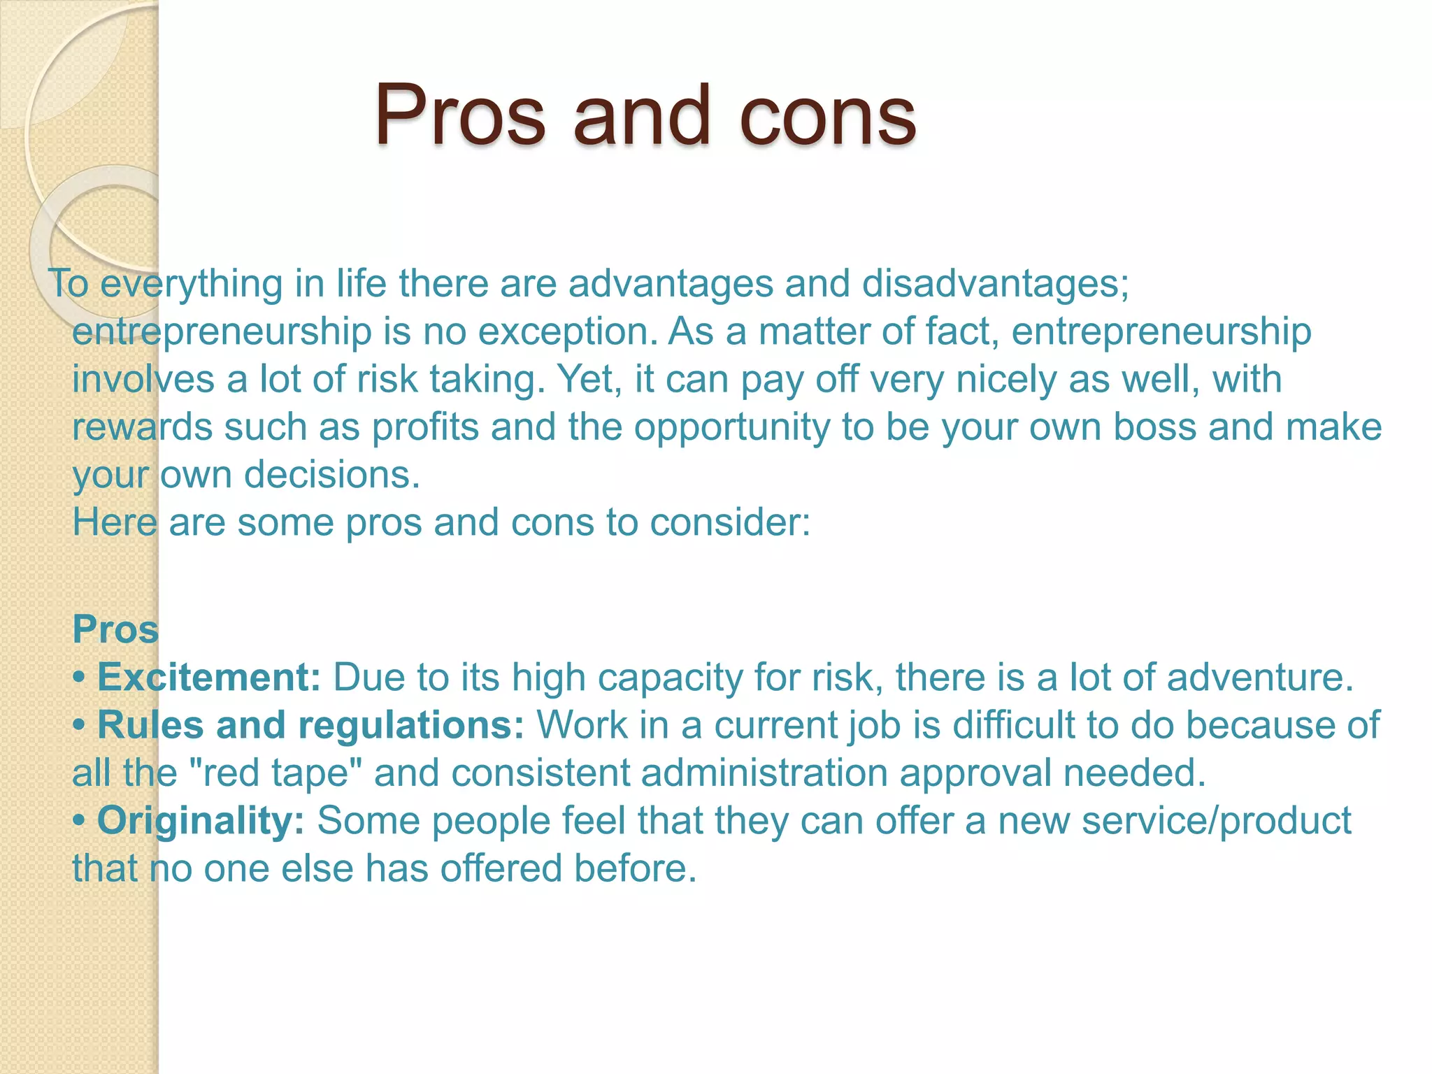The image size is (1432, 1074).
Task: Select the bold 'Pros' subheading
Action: [116, 629]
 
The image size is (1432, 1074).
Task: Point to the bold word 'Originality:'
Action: [201, 820]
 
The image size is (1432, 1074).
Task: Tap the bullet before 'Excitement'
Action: [80, 678]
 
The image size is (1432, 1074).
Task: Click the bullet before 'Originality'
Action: [80, 822]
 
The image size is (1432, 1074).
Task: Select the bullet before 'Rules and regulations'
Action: [80, 726]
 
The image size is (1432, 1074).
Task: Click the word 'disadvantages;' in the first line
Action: [995, 285]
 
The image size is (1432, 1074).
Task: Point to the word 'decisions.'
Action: [332, 475]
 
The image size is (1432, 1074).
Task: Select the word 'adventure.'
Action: [1261, 677]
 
